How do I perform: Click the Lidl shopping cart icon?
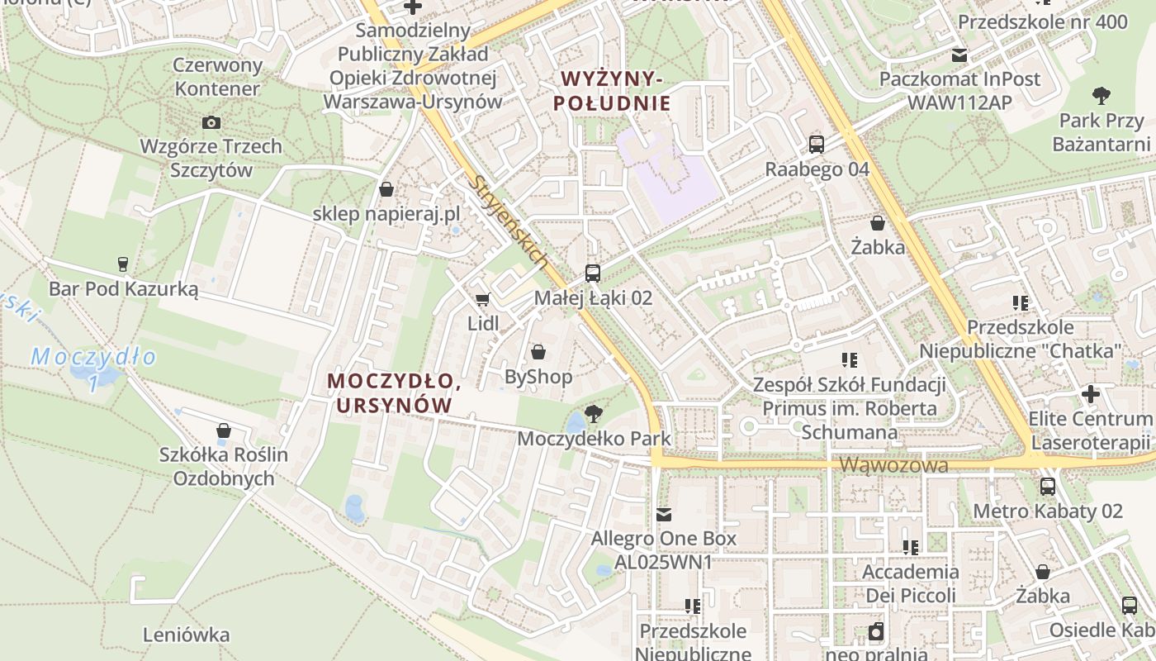(482, 299)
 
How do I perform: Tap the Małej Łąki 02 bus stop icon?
(592, 273)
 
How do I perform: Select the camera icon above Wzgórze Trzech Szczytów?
(211, 123)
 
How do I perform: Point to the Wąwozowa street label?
(893, 465)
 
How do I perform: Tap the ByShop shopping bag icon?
(538, 353)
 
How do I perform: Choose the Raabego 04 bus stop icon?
(817, 145)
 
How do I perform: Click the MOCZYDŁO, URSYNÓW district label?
(394, 392)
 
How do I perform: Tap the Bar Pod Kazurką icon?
(123, 264)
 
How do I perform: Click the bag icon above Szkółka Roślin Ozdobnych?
(223, 430)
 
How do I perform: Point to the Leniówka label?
(186, 635)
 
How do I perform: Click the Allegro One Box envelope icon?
(663, 515)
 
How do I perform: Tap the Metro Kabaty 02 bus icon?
(1048, 487)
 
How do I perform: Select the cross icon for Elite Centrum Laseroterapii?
(1090, 394)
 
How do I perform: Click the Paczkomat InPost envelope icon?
(959, 55)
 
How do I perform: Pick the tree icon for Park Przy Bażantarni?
(1101, 96)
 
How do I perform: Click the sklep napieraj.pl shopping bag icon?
(386, 190)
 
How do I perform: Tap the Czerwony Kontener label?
(217, 77)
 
